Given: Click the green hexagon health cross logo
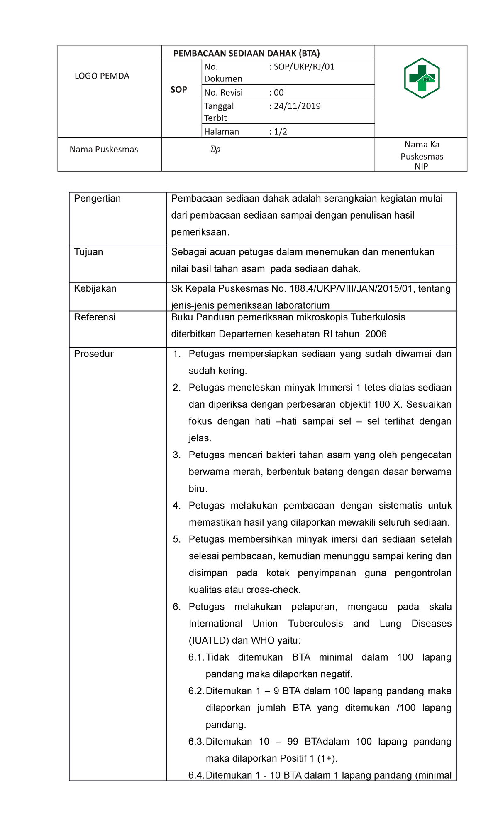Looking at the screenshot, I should point(422,78).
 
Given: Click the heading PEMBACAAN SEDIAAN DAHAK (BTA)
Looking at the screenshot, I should point(247,53).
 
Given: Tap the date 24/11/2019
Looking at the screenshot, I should point(297,106).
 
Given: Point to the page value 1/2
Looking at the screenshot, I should point(281,132).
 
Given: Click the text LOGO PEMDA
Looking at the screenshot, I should point(102,76).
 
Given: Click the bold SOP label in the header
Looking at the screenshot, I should point(179,90).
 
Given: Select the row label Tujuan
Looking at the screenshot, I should point(88,252).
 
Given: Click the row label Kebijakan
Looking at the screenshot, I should point(95,289).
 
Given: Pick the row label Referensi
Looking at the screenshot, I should point(95,317).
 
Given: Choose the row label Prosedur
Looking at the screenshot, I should point(93,354).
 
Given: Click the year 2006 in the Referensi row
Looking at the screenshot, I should point(376,334).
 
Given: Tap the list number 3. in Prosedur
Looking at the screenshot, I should point(177,455).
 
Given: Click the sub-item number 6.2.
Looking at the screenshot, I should point(196,691).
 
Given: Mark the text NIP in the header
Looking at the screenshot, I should point(421,167).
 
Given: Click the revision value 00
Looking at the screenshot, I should point(279,93).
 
